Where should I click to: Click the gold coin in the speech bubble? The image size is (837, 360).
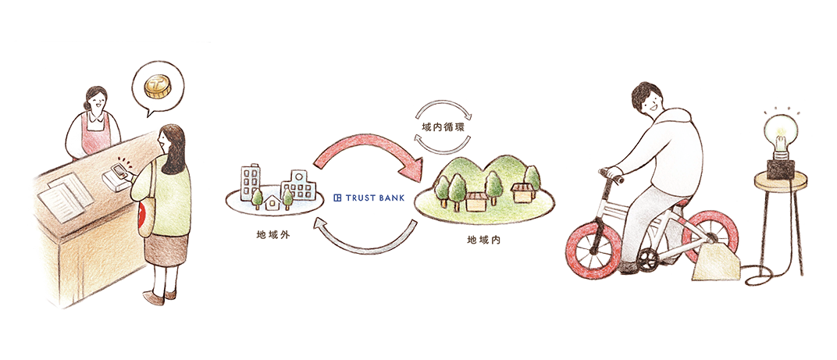(x=158, y=87)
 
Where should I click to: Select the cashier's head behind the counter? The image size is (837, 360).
(x=95, y=100)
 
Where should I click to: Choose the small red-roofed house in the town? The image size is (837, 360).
(x=272, y=201)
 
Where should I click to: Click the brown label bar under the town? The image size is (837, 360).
(x=263, y=245)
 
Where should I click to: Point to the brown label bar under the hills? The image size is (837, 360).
(x=485, y=245)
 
